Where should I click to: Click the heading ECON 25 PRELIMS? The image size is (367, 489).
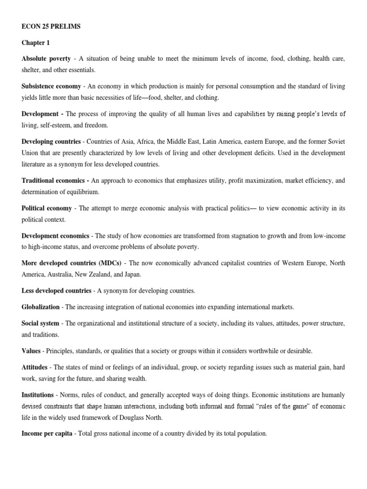click(51, 27)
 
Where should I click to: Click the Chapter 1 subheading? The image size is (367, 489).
click(35, 43)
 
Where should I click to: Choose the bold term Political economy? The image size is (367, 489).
click(47, 208)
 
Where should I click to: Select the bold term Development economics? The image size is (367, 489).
click(55, 236)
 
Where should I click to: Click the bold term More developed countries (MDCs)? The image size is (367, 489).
click(72, 263)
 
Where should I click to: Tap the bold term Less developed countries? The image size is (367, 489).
click(56, 291)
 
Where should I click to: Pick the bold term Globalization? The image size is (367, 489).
click(41, 307)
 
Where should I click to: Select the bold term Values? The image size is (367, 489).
click(31, 351)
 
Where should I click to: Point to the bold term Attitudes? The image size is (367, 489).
click(34, 367)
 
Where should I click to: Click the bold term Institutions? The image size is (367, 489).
click(38, 395)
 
